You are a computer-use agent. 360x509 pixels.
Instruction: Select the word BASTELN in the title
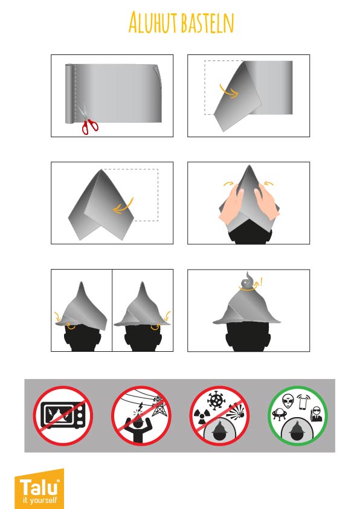click(x=208, y=23)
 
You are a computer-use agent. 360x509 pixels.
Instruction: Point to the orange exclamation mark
click(x=261, y=281)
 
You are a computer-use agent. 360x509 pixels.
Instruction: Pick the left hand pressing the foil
click(x=231, y=204)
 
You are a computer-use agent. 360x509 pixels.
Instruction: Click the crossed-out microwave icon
click(x=63, y=416)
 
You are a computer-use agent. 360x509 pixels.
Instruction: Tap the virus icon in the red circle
click(x=216, y=400)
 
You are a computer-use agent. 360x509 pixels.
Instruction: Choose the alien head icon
click(x=288, y=401)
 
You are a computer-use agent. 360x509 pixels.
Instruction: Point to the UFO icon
click(x=278, y=414)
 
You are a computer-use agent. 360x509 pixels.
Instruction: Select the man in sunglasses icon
click(x=316, y=414)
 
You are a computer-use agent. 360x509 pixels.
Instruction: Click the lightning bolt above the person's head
click(x=141, y=407)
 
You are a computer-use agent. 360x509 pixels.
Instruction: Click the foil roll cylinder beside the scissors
click(x=69, y=94)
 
